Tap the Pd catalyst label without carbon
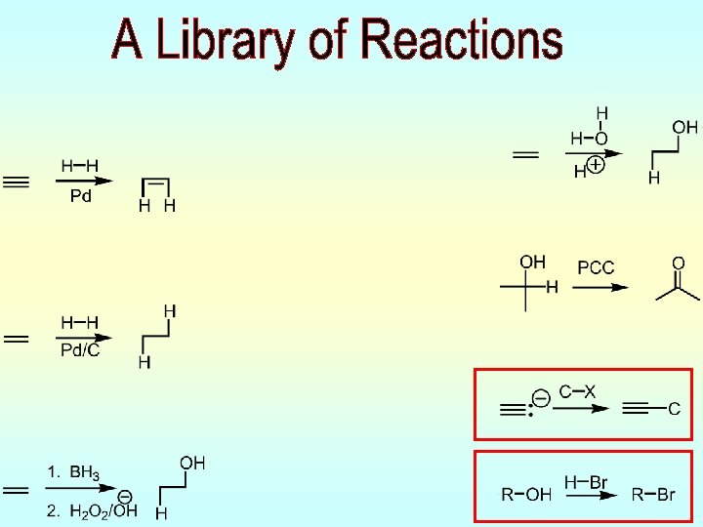point(81,196)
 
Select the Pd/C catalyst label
point(80,351)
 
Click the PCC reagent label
point(596,267)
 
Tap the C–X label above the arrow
point(577,391)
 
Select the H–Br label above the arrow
point(585,482)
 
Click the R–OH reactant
point(525,495)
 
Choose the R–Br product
point(652,495)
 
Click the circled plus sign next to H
point(596,166)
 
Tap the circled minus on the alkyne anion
point(539,396)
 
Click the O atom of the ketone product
point(678,263)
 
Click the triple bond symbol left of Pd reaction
point(17,182)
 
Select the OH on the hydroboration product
point(192,463)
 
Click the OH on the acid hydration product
point(684,127)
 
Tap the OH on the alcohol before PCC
point(532,262)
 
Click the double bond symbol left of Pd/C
point(17,340)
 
